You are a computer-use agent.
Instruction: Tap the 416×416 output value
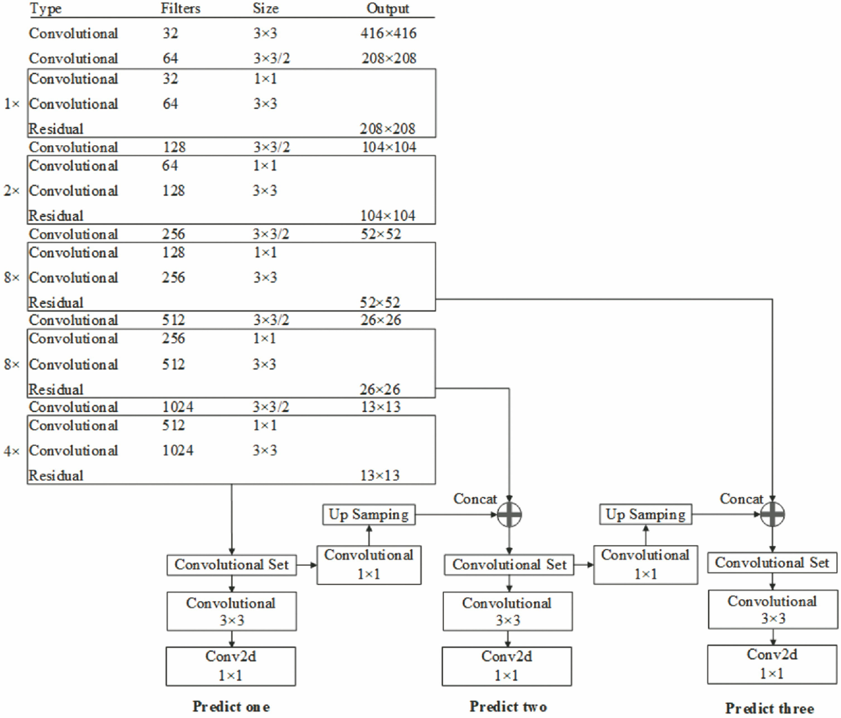pos(388,33)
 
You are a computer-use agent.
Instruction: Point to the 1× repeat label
pos(12,104)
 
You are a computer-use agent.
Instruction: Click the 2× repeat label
pos(12,191)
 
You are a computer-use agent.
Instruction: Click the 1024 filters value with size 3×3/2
pos(178,407)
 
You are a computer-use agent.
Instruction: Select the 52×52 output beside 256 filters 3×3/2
pos(381,234)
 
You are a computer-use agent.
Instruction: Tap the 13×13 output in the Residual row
pos(380,475)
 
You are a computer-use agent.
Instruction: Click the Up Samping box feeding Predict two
pos(369,515)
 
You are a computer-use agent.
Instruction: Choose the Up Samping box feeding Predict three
pos(645,515)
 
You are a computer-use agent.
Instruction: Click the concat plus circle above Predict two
pos(509,515)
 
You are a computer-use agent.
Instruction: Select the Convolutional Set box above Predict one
pos(231,565)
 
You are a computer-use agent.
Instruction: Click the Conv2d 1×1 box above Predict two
pos(507,666)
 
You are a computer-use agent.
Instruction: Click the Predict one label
pos(231,707)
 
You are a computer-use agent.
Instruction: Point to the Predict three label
pos(770,708)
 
